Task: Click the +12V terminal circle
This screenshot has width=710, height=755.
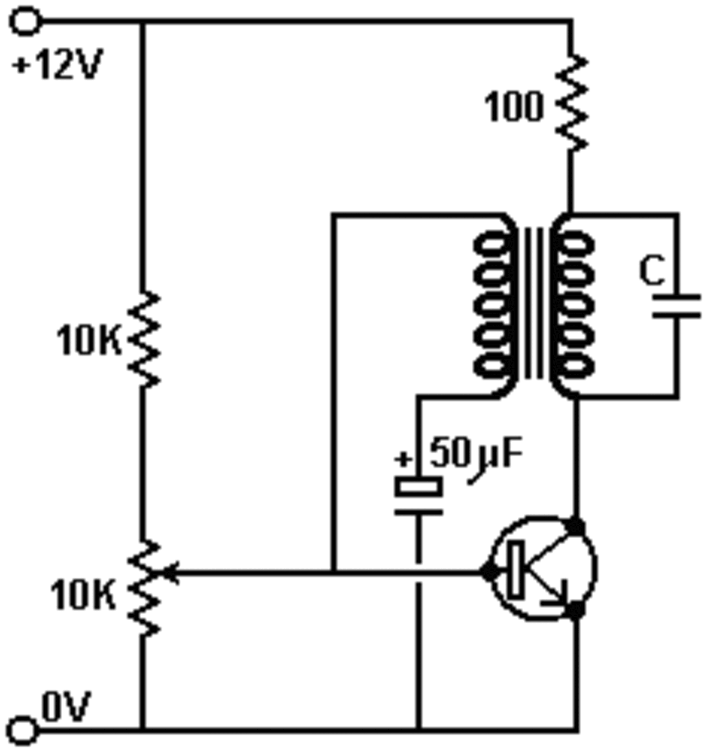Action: coord(25,22)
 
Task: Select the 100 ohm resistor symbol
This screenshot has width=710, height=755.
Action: coord(572,102)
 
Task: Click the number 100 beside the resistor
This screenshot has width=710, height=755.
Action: coord(514,106)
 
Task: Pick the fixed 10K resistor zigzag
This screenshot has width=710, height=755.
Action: coord(143,340)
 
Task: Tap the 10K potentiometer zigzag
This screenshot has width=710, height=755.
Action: coord(143,588)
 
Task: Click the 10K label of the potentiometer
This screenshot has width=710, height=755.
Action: coord(83,595)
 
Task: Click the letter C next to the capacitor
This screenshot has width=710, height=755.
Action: coord(653,271)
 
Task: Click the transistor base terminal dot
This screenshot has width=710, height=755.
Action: coord(488,572)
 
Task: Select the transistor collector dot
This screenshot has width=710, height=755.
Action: coord(576,526)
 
